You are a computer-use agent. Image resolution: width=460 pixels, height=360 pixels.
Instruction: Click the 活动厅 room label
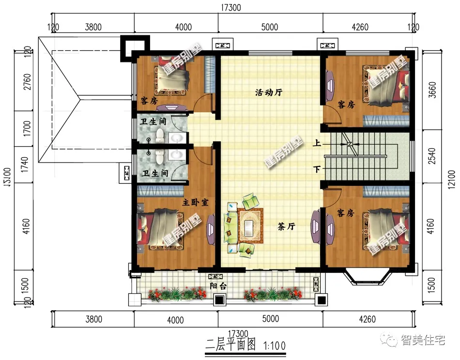pyautogui.click(x=268, y=92)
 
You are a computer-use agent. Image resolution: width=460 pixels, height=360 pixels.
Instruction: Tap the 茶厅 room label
pyautogui.click(x=286, y=226)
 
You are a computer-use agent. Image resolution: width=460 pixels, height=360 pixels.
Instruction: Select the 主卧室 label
pyautogui.click(x=196, y=202)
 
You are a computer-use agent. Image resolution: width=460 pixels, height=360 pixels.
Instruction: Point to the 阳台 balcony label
pyautogui.click(x=218, y=286)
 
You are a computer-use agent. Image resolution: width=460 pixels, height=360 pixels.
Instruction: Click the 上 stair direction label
pyautogui.click(x=317, y=143)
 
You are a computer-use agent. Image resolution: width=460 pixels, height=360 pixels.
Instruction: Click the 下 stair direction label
pyautogui.click(x=317, y=169)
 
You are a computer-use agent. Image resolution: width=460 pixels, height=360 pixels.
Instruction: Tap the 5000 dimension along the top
pyautogui.click(x=270, y=27)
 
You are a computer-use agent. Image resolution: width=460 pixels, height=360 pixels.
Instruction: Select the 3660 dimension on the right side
pyautogui.click(x=432, y=90)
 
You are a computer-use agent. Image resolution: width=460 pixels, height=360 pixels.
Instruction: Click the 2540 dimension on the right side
pyautogui.click(x=432, y=156)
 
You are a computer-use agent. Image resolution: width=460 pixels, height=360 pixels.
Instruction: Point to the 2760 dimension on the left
pyautogui.click(x=27, y=82)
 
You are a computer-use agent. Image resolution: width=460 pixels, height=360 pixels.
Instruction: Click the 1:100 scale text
pyautogui.click(x=275, y=346)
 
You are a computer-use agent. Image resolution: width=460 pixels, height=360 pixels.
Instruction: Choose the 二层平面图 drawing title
pyautogui.click(x=230, y=345)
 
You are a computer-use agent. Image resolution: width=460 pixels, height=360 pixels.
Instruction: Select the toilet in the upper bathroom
pyautogui.click(x=160, y=136)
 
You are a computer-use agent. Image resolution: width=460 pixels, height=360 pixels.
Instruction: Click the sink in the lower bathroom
pyautogui.click(x=178, y=154)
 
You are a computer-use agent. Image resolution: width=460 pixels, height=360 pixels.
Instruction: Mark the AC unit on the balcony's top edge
pyautogui.click(x=215, y=276)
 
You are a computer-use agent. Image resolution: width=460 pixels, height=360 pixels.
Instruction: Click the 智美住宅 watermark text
pyautogui.click(x=423, y=340)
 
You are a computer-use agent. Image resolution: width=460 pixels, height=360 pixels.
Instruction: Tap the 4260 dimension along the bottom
pyautogui.click(x=368, y=319)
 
